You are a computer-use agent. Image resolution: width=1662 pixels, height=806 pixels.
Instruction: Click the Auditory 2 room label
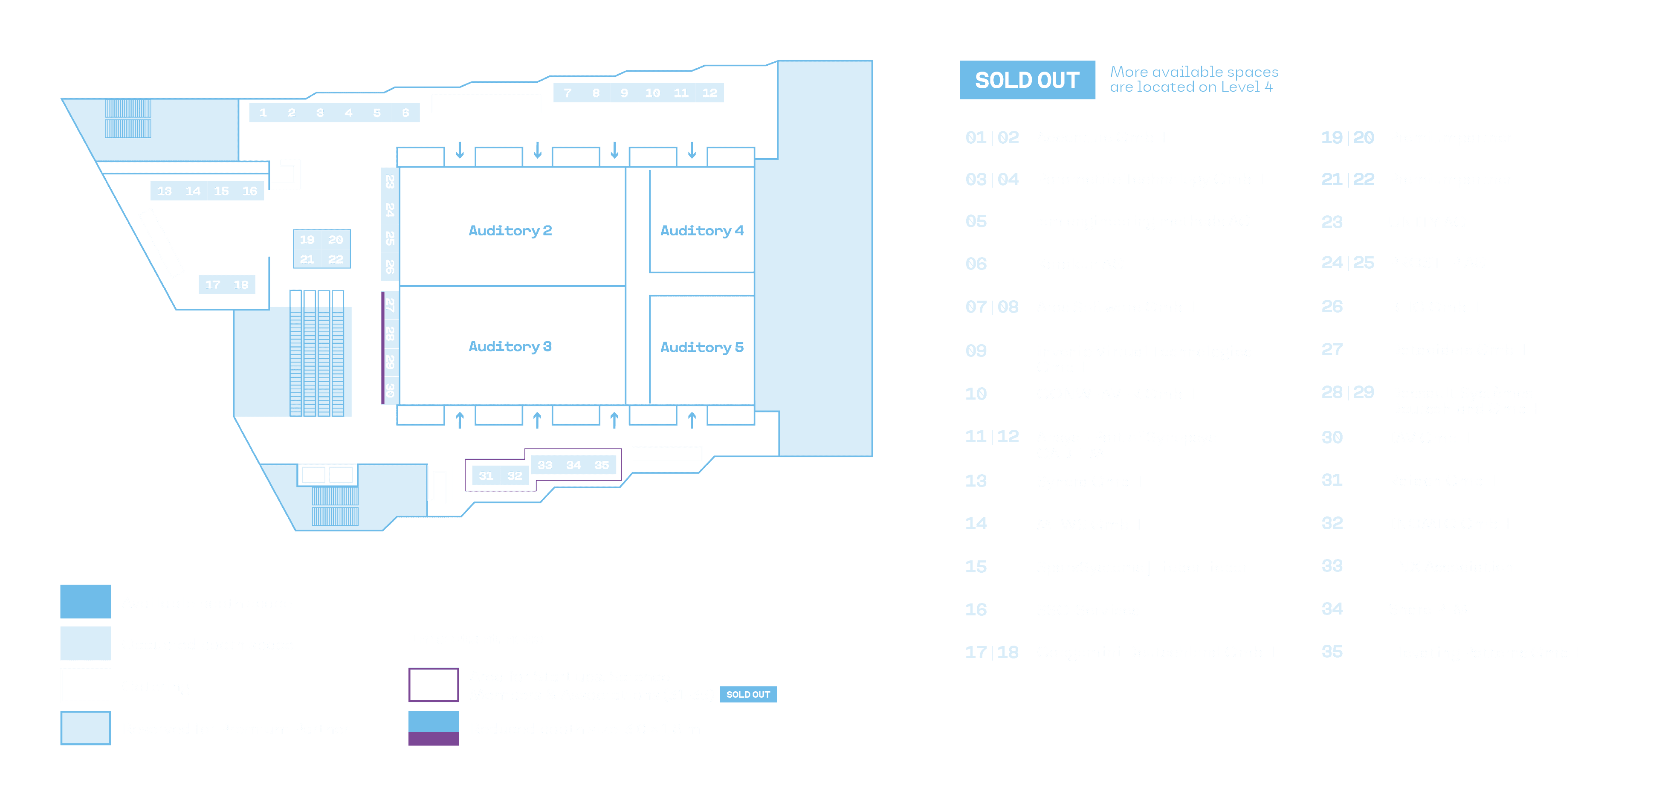tap(510, 230)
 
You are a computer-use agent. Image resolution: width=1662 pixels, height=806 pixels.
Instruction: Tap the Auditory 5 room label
tap(701, 347)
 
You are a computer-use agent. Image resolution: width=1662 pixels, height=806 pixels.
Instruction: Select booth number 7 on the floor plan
tap(567, 93)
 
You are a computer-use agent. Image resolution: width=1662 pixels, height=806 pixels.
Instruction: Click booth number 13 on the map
tap(165, 191)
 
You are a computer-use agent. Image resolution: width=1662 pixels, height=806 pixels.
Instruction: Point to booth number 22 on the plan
tap(336, 259)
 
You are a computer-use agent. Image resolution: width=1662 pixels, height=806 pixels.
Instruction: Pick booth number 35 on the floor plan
tap(601, 465)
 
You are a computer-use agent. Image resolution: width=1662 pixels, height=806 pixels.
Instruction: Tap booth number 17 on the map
tap(213, 284)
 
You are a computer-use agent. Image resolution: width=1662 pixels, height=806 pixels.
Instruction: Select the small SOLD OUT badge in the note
tap(748, 694)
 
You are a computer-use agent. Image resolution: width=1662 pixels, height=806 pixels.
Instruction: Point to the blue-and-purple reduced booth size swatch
tap(434, 728)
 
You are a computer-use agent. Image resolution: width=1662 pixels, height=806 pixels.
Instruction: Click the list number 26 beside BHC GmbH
tap(1332, 307)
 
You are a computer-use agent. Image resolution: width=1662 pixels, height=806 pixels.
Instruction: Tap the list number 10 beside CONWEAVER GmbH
tap(976, 394)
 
